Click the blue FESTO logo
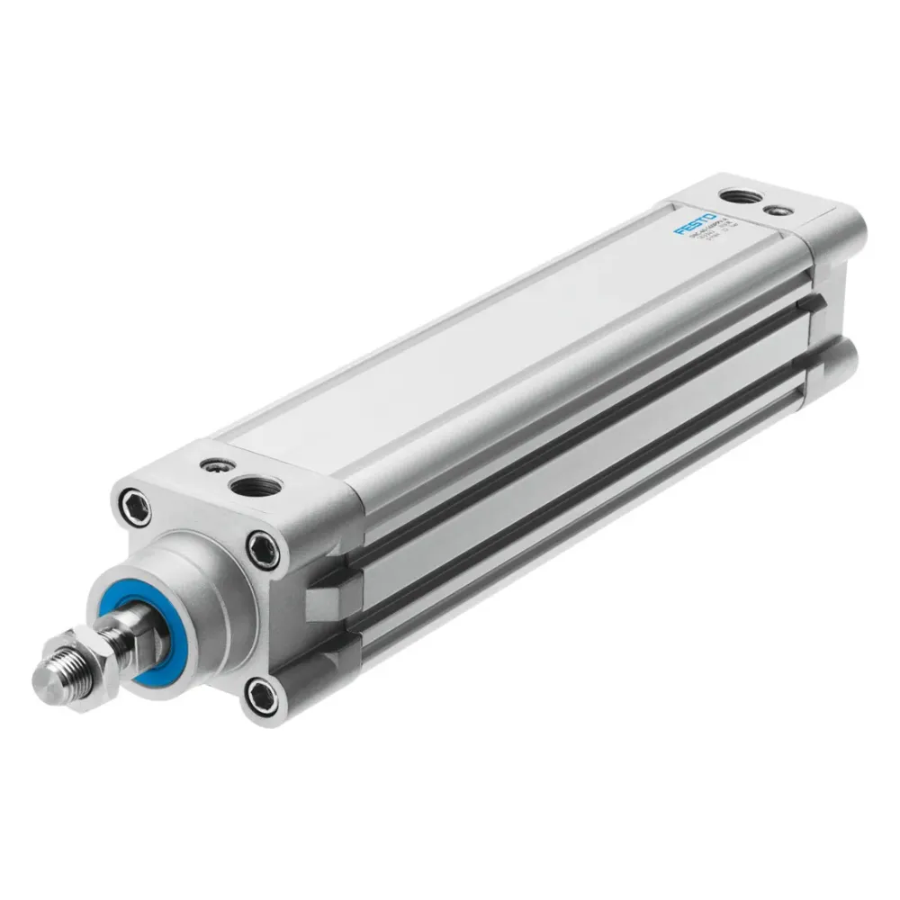(696, 225)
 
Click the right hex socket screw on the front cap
(264, 547)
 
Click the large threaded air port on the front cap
(255, 487)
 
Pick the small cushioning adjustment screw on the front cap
(214, 466)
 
